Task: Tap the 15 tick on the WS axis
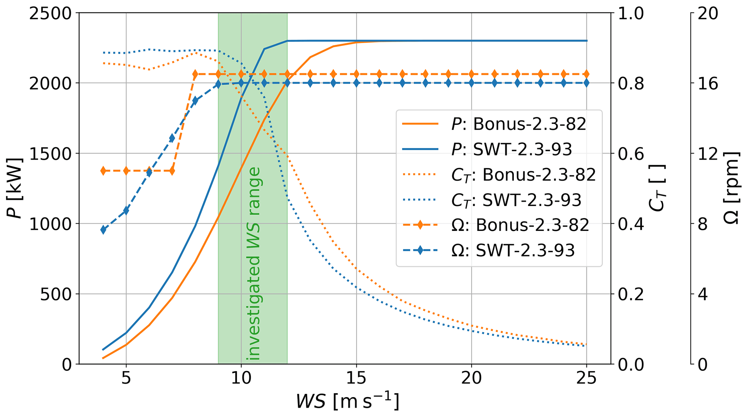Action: point(356,378)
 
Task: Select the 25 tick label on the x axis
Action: point(586,378)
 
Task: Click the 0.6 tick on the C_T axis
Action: point(631,153)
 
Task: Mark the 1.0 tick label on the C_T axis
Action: point(631,13)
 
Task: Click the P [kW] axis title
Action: point(14,188)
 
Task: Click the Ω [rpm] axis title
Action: point(731,188)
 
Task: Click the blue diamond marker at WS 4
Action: point(103,230)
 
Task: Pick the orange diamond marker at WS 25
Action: point(586,74)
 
